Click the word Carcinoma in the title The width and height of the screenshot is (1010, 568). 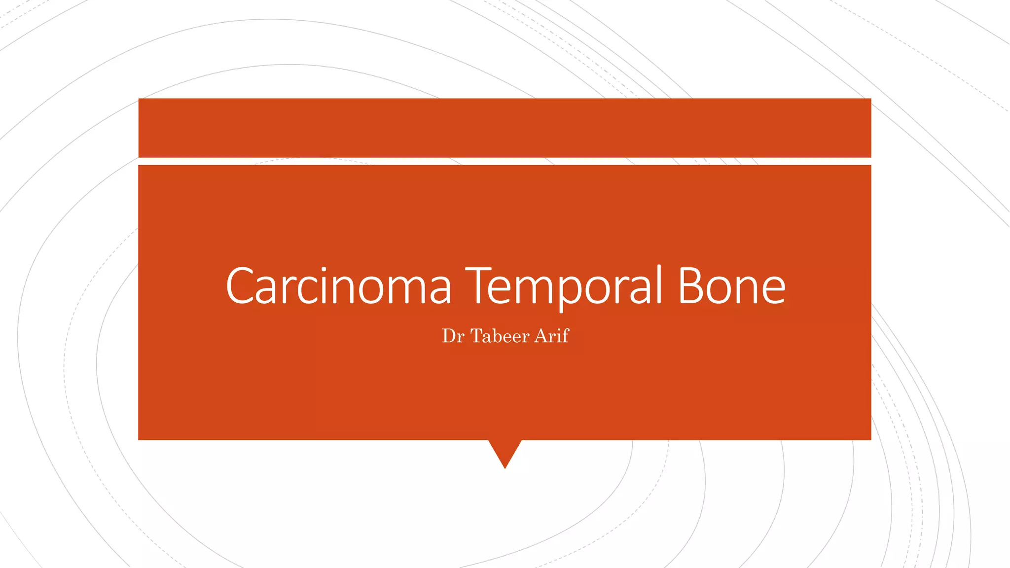tap(338, 286)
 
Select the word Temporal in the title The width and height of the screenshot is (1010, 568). tap(563, 286)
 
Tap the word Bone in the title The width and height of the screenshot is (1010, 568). tap(731, 286)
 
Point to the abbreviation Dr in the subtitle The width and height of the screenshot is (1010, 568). tap(453, 336)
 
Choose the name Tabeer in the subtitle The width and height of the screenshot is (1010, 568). tap(500, 336)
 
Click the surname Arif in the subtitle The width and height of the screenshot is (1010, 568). tap(551, 336)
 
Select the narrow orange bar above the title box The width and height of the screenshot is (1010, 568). tap(505, 128)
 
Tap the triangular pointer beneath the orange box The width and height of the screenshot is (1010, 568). tap(505, 451)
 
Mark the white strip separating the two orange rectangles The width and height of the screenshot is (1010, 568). tap(505, 161)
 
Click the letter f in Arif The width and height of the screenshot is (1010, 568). tap(565, 335)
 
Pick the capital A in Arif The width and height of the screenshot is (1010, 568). tap(541, 336)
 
